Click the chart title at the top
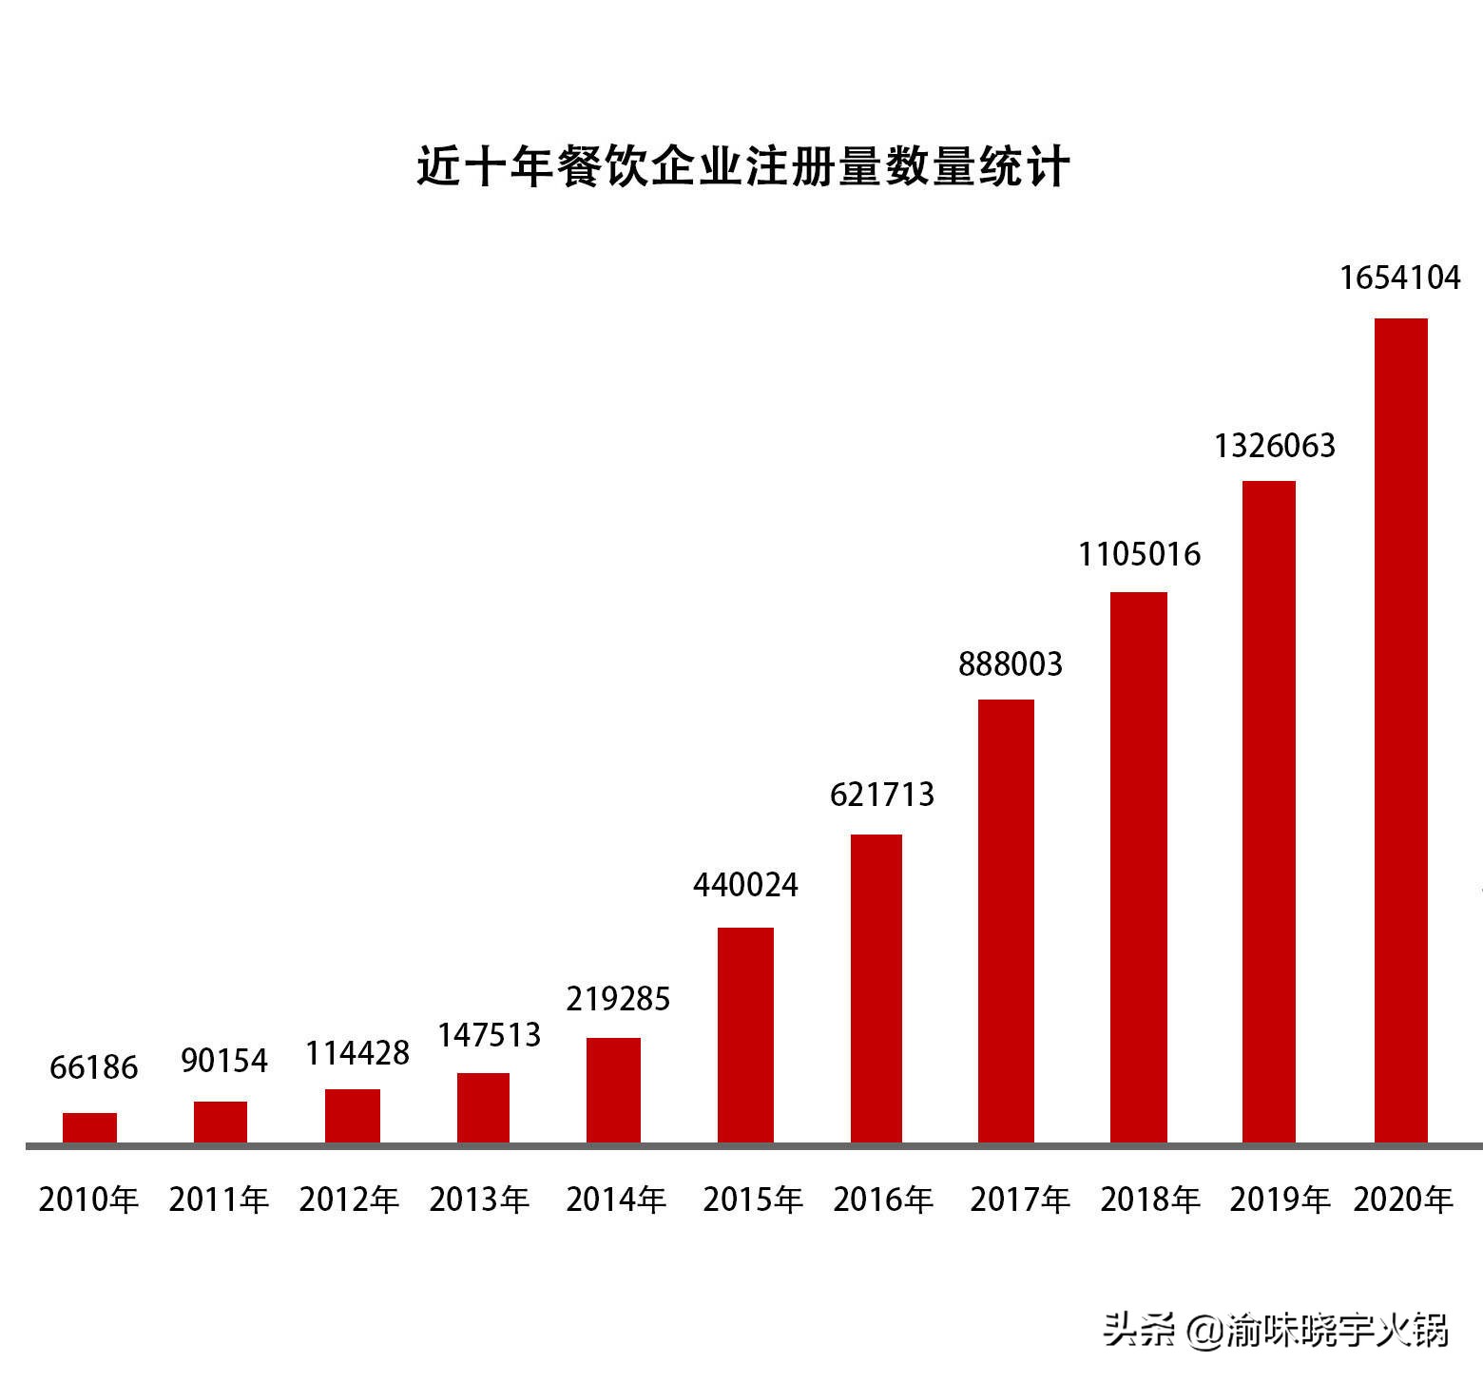point(743,166)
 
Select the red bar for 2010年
point(89,1127)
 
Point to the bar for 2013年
point(483,1107)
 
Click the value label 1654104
point(1399,278)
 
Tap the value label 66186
point(94,1067)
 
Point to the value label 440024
point(745,885)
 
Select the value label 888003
point(1010,663)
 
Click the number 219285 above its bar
point(618,999)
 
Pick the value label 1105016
point(1139,553)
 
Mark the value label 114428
point(357,1053)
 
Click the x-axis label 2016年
point(883,1200)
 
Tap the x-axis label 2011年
point(220,1200)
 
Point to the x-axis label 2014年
point(616,1200)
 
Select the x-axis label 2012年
point(349,1200)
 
